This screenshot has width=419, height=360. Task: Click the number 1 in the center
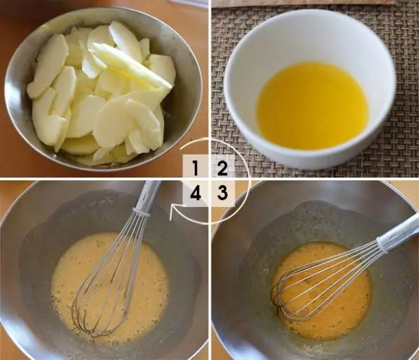click(x=196, y=168)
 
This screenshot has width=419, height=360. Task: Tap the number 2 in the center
click(x=222, y=168)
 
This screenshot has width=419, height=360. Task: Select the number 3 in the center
click(x=222, y=192)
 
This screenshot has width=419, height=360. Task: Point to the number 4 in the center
click(x=196, y=192)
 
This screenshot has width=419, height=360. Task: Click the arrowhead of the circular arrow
click(x=174, y=212)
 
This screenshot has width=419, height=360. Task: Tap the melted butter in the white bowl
click(x=313, y=105)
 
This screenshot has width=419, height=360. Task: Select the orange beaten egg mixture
click(x=321, y=291)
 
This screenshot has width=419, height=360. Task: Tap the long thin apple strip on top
click(x=131, y=65)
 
